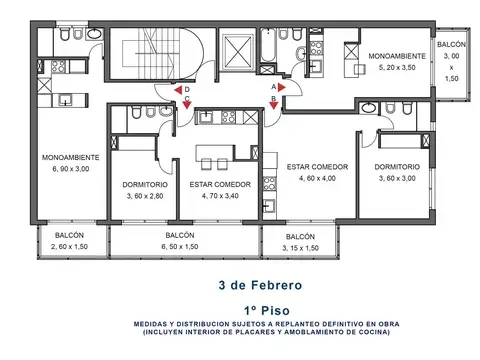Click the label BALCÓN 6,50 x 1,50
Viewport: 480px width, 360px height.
[x=186, y=240]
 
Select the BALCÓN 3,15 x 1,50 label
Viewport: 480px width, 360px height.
[x=300, y=241]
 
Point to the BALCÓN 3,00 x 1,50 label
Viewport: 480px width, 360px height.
[x=450, y=60]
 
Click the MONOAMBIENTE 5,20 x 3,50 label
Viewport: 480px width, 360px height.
[x=397, y=62]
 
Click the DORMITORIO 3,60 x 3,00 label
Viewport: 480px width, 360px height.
[x=396, y=172]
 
